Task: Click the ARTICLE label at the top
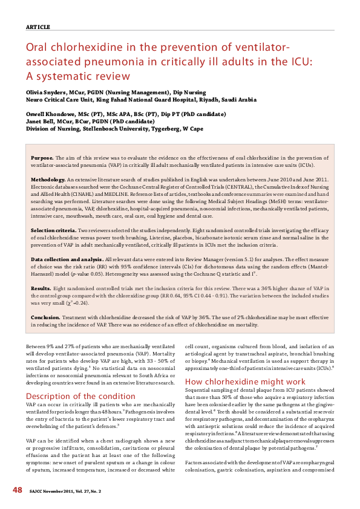click(x=38, y=27)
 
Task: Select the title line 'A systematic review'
click(x=78, y=76)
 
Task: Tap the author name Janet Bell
click(x=40, y=120)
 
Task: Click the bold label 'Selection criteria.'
click(x=53, y=230)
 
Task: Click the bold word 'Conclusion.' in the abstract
click(x=45, y=317)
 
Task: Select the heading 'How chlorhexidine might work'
click(x=237, y=381)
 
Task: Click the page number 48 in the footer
click(x=18, y=489)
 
